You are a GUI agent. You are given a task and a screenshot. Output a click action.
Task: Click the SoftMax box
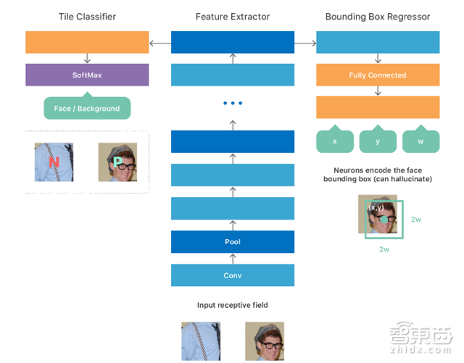87,75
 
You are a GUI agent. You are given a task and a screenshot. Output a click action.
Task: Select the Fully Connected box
377,75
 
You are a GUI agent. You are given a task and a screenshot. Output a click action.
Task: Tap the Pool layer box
232,241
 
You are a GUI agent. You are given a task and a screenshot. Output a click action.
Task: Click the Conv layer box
232,275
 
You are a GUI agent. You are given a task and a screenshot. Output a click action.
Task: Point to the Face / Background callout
87,109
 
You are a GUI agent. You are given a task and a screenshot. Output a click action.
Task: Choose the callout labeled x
334,141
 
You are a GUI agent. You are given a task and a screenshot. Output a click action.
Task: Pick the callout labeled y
378,141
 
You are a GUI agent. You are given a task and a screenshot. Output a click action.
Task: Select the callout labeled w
421,141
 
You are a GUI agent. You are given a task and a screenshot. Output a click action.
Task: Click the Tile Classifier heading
87,17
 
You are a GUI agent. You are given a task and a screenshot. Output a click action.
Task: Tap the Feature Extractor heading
232,17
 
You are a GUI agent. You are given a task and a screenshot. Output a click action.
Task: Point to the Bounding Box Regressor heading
377,17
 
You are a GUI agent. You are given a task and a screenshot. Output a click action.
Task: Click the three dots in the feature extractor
232,104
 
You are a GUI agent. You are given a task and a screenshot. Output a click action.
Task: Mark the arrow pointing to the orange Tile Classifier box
159,43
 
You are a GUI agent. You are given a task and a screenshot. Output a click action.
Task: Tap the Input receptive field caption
232,306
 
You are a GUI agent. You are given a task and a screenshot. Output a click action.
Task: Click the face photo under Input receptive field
264,341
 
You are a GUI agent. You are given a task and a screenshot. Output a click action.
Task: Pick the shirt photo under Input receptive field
200,341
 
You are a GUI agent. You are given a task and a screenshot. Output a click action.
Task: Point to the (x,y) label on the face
376,208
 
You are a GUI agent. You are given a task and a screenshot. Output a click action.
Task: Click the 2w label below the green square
384,249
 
